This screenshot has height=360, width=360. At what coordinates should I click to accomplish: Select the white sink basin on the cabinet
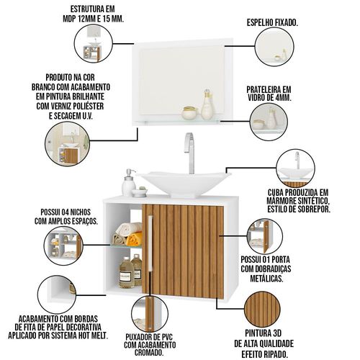185,184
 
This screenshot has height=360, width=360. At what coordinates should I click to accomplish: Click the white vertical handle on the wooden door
150,243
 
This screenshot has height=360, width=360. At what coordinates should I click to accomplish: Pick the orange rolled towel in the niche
134,239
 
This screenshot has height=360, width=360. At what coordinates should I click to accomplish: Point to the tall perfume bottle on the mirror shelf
207,105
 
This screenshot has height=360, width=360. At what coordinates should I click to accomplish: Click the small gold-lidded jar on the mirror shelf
189,113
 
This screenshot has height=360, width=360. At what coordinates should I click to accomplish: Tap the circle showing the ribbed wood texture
262,309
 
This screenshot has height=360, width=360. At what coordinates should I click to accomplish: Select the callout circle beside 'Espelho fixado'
274,47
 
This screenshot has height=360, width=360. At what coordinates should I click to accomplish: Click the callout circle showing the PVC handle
150,314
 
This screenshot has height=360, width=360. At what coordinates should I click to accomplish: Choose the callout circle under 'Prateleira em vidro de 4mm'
269,122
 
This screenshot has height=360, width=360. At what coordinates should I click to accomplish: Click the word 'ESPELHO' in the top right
261,23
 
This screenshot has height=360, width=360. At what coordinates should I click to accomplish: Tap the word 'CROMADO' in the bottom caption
149,353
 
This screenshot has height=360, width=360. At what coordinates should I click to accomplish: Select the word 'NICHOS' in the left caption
80,212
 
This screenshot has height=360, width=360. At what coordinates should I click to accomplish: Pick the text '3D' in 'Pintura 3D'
276,333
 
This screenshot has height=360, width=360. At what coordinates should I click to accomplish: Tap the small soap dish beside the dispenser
139,193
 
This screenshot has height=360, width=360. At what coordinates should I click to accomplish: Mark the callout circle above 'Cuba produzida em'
295,168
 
